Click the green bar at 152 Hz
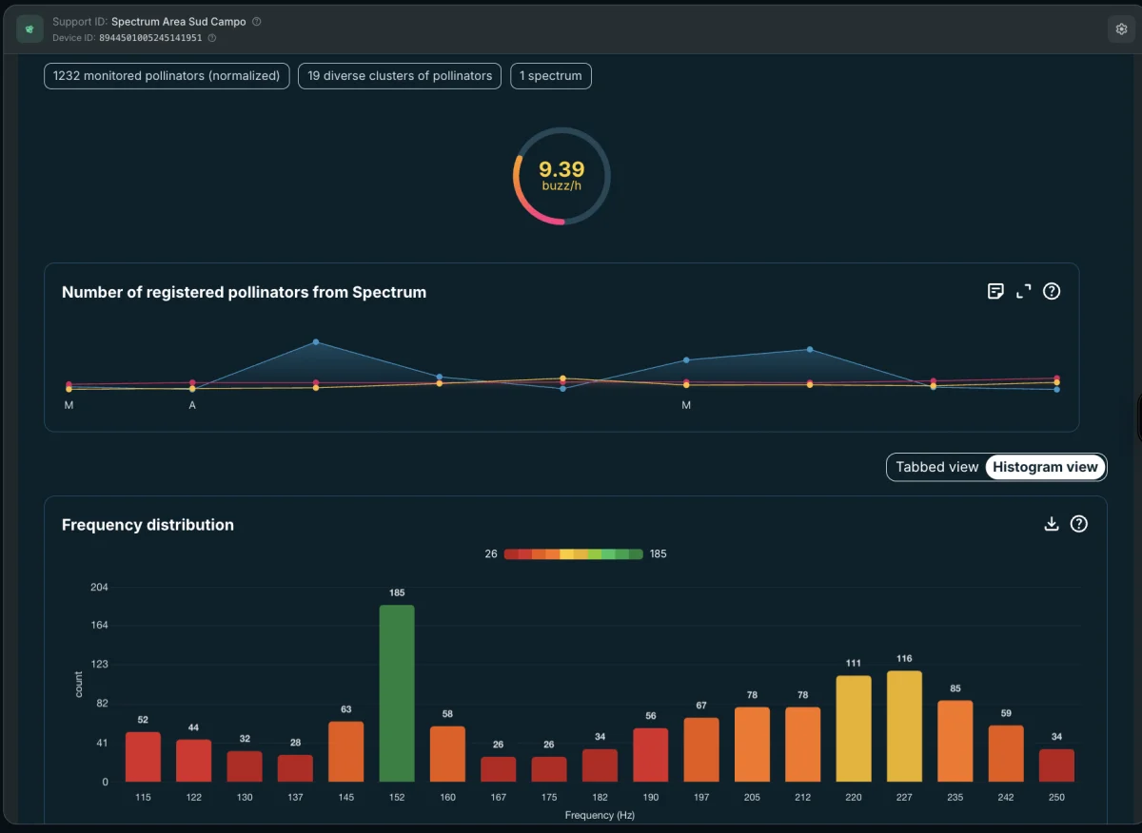tap(397, 693)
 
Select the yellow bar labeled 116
tap(904, 726)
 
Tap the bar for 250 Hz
tap(1056, 765)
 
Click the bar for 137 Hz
tap(295, 768)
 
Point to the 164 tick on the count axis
tap(99, 625)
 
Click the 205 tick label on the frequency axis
tap(752, 797)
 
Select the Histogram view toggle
tap(1045, 467)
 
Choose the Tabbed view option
tap(937, 467)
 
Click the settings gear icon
tap(1121, 29)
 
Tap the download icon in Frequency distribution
tap(1052, 524)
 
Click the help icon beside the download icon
tap(1079, 524)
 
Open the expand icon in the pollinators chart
tap(1023, 291)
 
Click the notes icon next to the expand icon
tap(995, 291)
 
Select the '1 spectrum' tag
tap(551, 76)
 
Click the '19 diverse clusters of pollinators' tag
tap(400, 76)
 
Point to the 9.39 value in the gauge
tap(561, 169)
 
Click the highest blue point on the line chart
tap(316, 342)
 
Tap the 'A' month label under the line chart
tap(192, 405)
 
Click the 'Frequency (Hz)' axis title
tap(600, 815)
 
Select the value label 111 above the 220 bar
tap(854, 663)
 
